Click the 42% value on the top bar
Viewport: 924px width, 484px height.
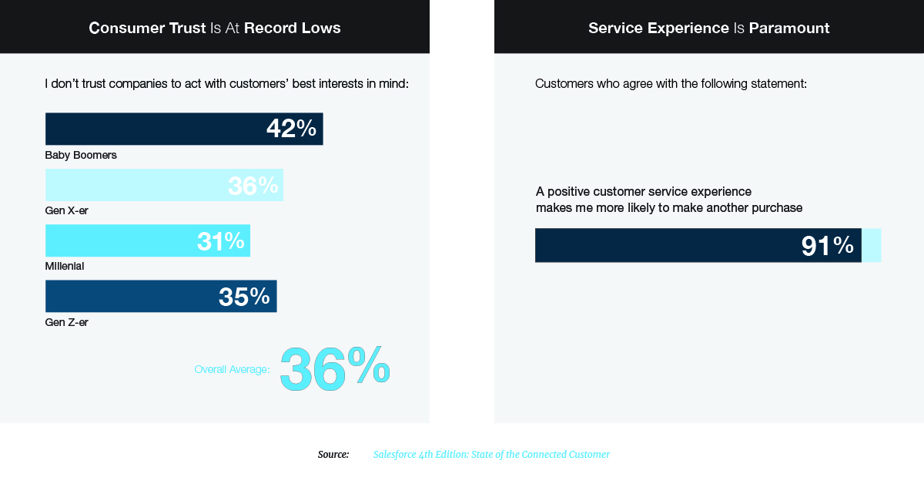coord(291,129)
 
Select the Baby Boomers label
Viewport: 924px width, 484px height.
coord(81,155)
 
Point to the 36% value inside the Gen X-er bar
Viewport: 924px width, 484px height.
coord(253,186)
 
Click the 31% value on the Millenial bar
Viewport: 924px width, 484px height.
coord(220,241)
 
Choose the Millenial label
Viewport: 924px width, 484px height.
coord(65,266)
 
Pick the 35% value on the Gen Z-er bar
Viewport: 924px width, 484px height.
coord(244,297)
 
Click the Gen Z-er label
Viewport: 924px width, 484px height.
coord(67,322)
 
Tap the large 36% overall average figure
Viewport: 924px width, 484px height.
coord(334,368)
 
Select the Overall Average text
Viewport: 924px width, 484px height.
coord(232,370)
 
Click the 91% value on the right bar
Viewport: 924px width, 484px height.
coord(828,246)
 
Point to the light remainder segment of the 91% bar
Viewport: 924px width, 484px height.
coord(871,245)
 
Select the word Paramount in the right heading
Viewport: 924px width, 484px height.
coord(789,29)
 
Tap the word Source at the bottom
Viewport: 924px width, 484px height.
coord(333,455)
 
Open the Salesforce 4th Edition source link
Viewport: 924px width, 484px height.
coord(491,455)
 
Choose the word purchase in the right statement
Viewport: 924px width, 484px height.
coord(777,208)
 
